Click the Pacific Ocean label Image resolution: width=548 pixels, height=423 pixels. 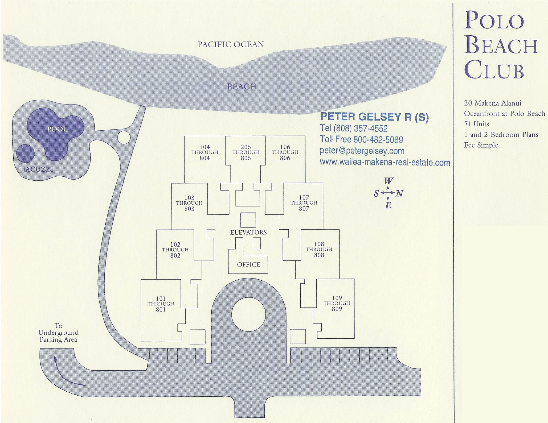[x=231, y=44]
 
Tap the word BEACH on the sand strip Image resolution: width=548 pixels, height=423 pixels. [x=242, y=86]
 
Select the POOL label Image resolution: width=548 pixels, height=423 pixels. [x=57, y=129]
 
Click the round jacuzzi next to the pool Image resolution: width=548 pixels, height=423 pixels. [x=26, y=153]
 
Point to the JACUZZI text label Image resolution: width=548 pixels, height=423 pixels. [x=38, y=169]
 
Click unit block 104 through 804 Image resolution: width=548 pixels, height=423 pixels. [x=205, y=153]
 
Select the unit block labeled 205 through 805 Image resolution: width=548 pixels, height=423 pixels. [x=246, y=153]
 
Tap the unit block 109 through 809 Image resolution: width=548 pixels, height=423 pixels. [x=337, y=304]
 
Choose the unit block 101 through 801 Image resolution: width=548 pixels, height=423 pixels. [x=161, y=304]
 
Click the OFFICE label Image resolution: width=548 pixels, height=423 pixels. [x=248, y=264]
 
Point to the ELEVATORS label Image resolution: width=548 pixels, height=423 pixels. [x=248, y=233]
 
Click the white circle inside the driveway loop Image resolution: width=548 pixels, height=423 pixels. [x=248, y=314]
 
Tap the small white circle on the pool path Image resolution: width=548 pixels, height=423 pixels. [x=124, y=138]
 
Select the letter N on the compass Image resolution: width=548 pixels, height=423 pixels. [x=399, y=193]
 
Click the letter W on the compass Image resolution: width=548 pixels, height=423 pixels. [x=388, y=181]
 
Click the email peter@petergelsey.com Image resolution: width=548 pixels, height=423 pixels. [x=362, y=151]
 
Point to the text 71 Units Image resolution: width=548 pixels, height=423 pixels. [x=476, y=124]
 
